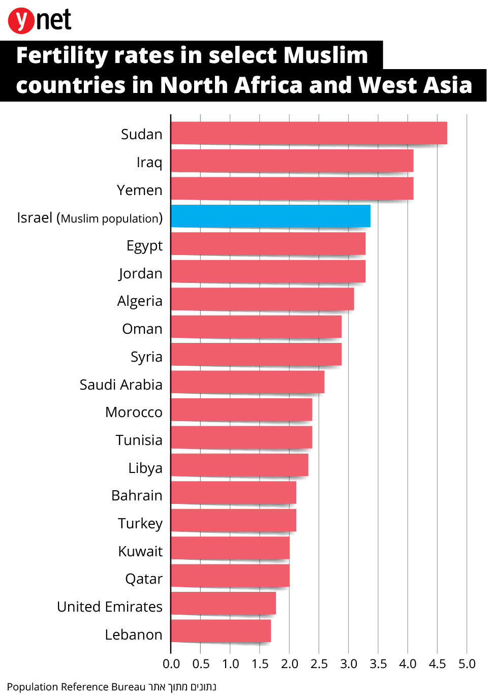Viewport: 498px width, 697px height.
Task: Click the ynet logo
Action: (x=40, y=21)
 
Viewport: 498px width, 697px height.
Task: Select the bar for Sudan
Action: (x=308, y=133)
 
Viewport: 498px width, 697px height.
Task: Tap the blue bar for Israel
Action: (x=270, y=216)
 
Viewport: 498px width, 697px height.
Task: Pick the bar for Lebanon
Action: (x=221, y=631)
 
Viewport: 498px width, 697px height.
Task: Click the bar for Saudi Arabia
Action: (x=247, y=382)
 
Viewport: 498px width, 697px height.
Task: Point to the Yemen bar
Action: (x=292, y=188)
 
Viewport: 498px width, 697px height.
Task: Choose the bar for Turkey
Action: (x=233, y=520)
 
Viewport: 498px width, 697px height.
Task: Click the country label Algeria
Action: (x=140, y=301)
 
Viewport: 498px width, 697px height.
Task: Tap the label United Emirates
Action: (x=110, y=607)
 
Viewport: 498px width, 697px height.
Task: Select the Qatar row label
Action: (x=144, y=579)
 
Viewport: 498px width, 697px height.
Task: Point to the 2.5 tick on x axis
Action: (x=319, y=664)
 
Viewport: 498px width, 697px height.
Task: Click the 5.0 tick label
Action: (x=466, y=664)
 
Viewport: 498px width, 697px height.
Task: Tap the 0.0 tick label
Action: (x=171, y=664)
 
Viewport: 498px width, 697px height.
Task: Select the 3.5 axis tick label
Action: (x=378, y=664)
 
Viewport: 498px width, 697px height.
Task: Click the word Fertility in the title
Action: (x=61, y=55)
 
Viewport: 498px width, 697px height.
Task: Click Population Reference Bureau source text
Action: (x=76, y=687)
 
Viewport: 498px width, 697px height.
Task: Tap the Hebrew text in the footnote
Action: (x=182, y=687)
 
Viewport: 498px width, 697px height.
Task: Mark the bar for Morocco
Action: (x=241, y=410)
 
